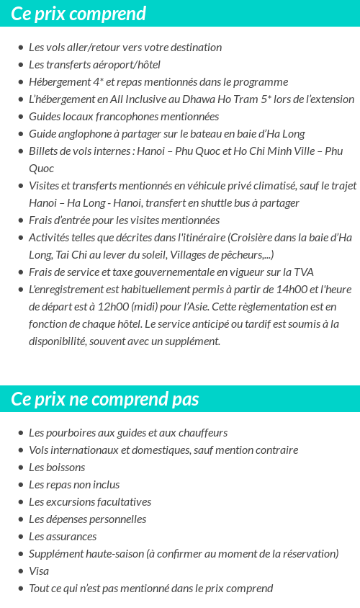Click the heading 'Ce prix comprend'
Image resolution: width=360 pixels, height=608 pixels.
pos(78,14)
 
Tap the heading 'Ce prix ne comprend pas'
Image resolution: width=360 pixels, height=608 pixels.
pos(105,399)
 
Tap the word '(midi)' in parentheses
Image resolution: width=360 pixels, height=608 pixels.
pos(150,306)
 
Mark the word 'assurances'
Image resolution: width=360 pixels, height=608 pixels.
pos(71,537)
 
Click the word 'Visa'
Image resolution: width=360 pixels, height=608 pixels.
pos(39,571)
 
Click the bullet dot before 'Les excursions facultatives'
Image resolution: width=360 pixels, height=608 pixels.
pos(20,502)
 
